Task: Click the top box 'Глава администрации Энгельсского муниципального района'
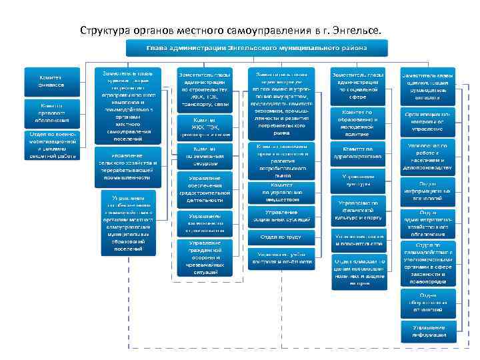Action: (257, 48)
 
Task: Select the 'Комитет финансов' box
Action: (51, 81)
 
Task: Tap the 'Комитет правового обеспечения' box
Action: (51, 113)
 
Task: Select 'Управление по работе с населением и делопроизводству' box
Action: (427, 157)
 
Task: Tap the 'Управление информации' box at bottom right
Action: (427, 331)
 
